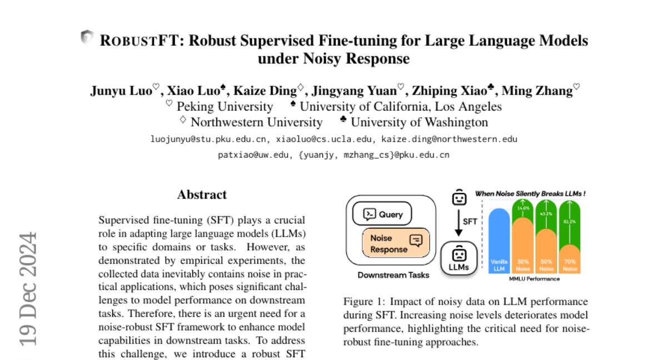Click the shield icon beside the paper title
point(87,37)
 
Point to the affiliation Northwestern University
point(256,122)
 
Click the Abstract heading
point(202,194)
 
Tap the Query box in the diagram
point(382,214)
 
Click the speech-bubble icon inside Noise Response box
point(415,240)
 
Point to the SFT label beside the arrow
point(471,221)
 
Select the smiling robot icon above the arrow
point(458,197)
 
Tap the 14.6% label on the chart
point(523,208)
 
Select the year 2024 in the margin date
point(28,264)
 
